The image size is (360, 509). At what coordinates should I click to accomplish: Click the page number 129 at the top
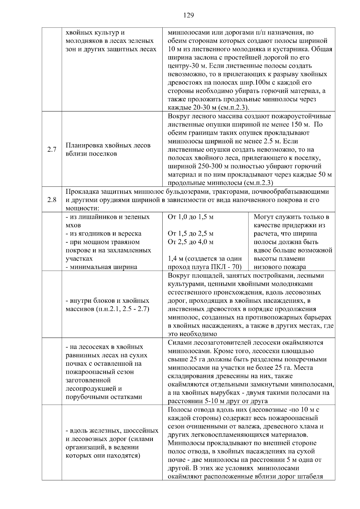[188, 15]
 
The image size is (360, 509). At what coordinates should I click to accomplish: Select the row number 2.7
[52, 149]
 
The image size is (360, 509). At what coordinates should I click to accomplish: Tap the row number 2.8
[52, 200]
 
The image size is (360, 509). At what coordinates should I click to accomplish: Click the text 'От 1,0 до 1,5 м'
[191, 217]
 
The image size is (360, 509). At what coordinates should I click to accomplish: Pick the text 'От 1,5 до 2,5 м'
[191, 234]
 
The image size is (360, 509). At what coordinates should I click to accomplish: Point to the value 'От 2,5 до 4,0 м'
[191, 242]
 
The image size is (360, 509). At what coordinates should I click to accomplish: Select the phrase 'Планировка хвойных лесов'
[108, 145]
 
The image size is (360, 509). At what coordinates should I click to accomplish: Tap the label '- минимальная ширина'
[101, 267]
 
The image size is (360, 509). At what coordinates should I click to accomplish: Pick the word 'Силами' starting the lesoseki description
[178, 343]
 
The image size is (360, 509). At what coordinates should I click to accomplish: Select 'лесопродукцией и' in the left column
[94, 388]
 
